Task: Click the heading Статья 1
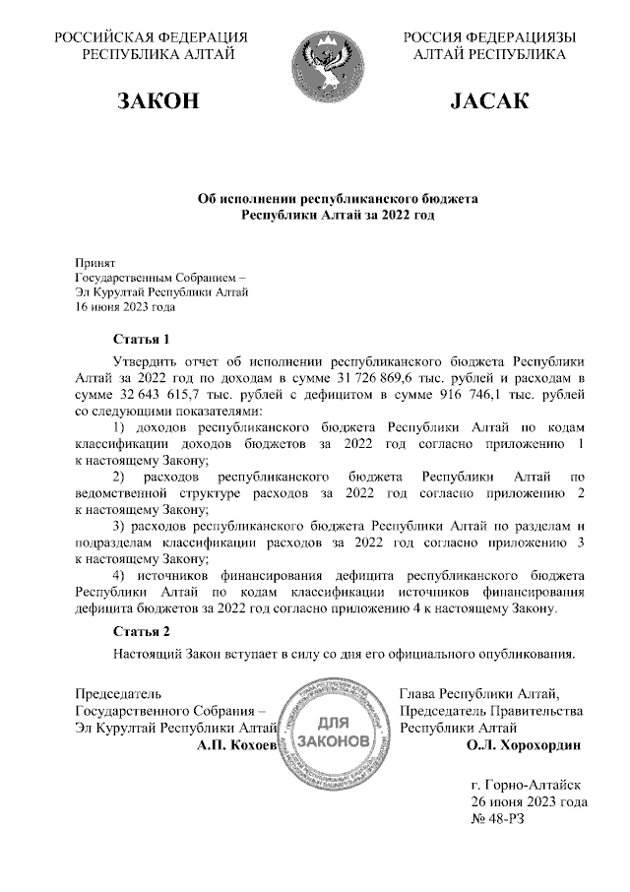142,341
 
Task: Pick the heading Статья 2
142,630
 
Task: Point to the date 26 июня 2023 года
529,802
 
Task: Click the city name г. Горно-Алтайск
527,786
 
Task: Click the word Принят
95,263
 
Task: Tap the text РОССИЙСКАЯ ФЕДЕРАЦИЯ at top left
151,37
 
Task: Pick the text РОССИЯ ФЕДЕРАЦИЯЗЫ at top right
488,37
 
